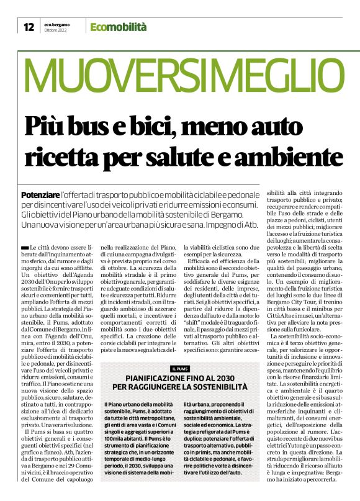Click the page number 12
point(29,27)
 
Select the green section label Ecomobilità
point(118,27)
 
